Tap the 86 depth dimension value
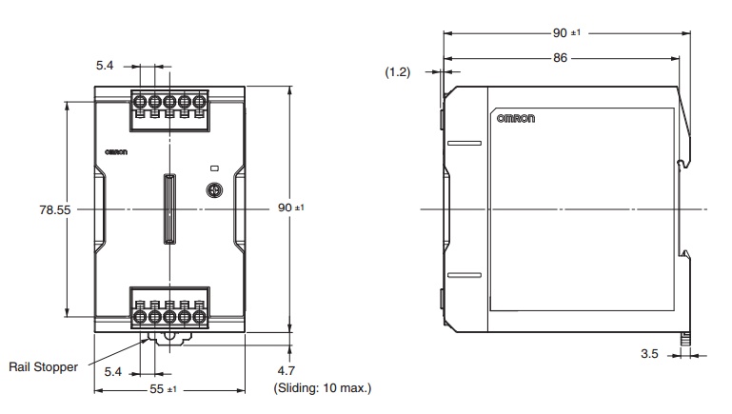click(560, 58)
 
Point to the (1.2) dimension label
click(398, 72)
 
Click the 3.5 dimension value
click(651, 354)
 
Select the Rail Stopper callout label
click(44, 366)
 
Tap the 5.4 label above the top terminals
click(106, 67)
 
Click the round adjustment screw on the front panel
click(216, 189)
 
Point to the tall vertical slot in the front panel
click(169, 207)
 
